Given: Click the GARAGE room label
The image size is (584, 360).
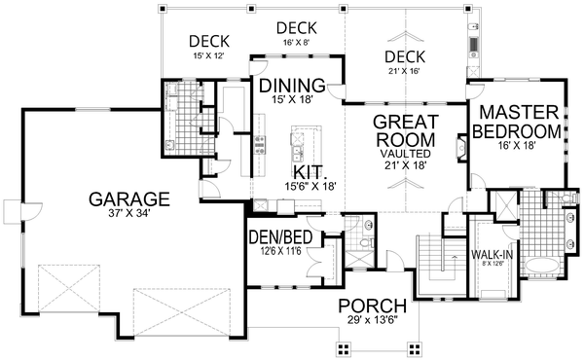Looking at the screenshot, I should (129, 198).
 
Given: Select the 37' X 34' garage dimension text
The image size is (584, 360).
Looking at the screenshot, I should (129, 214).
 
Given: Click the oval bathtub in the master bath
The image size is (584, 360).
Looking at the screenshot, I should (543, 268).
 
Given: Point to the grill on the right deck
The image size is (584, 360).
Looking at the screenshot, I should (475, 45).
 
